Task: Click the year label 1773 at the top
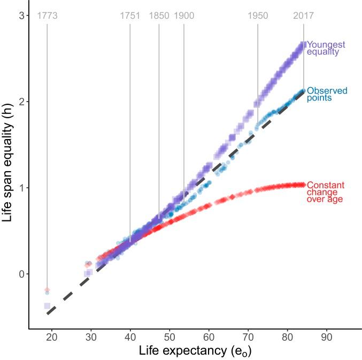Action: pos(47,16)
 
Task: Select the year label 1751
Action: pos(129,16)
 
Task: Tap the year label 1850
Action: pos(159,16)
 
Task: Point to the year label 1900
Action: pos(183,16)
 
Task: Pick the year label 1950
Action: pos(258,16)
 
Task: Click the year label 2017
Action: pos(304,16)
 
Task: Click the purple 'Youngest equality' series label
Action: pos(326,48)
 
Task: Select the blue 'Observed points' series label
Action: pos(327,94)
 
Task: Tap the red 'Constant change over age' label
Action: pos(325,192)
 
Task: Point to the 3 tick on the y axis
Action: pos(22,16)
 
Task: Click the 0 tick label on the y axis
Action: pos(22,274)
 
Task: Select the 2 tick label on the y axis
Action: pos(22,102)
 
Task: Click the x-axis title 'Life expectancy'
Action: pos(195,351)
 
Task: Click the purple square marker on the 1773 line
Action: pos(47,306)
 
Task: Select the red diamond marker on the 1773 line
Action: pos(47,289)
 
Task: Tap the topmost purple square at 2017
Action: pos(303,45)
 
